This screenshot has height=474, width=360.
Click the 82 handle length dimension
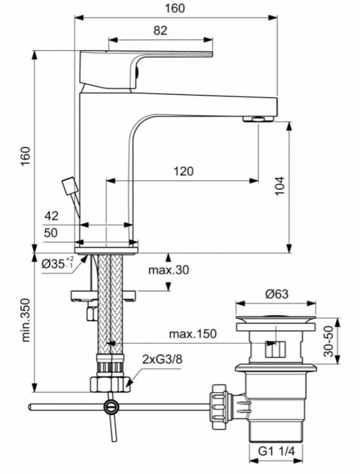coord(160,30)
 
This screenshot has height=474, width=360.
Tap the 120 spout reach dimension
coord(183,171)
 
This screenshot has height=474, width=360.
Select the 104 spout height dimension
coord(280,186)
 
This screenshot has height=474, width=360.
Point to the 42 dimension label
coord(52,216)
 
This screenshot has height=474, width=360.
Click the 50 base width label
coord(51,233)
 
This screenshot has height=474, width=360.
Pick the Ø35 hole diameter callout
coord(58,263)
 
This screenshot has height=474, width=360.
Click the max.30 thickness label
coord(168,270)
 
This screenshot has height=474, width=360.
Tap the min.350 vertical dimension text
coord(26,320)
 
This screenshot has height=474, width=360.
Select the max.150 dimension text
coord(193,334)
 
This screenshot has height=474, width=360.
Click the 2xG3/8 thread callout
coord(162,360)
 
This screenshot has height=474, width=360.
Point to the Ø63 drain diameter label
coord(277,294)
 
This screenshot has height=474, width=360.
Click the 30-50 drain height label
coord(328,341)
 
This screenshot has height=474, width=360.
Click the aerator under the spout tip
coord(259,119)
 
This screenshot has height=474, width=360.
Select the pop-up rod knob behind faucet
coord(69,185)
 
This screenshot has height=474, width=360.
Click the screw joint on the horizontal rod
coord(110,407)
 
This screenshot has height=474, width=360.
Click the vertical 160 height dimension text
coord(26,156)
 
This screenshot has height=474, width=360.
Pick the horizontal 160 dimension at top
coord(174,8)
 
